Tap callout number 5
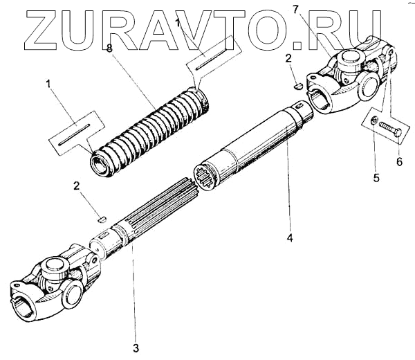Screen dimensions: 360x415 coord(376,178)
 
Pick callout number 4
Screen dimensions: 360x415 coord(290,238)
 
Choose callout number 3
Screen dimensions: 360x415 coord(136,346)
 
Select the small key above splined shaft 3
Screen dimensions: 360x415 coord(101,217)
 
